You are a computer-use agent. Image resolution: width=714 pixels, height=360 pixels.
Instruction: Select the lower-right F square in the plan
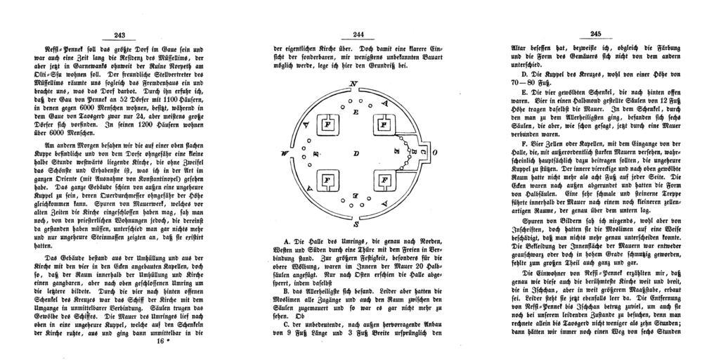click(384, 181)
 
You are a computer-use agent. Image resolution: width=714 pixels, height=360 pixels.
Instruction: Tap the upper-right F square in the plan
click(384, 124)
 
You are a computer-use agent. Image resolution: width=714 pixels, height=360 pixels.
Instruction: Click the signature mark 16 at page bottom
click(160, 342)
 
